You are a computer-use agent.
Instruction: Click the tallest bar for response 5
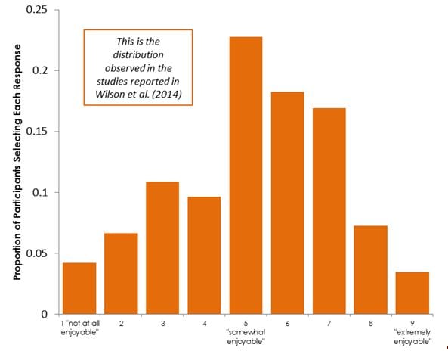(246, 175)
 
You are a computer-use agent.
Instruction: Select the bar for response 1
(80, 288)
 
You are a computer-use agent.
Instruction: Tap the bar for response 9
(412, 293)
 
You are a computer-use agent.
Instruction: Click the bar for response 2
(122, 273)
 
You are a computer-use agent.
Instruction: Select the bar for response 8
(371, 269)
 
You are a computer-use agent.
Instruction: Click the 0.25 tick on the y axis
(36, 10)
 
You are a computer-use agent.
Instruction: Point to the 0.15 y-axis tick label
(36, 132)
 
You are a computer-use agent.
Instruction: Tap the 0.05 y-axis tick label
(36, 253)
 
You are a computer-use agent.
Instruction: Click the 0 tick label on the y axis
(45, 314)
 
